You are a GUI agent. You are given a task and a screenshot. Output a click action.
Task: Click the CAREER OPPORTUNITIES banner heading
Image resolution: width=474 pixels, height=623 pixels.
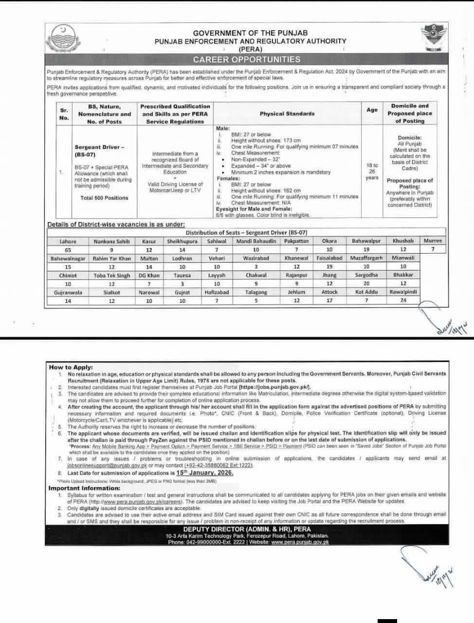247,59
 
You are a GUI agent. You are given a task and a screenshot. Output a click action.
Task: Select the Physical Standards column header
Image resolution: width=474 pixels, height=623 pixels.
287,114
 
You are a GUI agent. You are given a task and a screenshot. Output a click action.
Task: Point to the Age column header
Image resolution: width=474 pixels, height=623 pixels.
372,110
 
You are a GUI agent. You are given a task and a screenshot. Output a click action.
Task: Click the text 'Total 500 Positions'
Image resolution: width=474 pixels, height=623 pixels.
104,198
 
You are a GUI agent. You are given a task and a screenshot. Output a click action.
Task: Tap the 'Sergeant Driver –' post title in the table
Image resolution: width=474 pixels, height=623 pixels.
100,147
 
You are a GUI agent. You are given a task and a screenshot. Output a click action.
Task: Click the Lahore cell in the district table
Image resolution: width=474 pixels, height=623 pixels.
68,241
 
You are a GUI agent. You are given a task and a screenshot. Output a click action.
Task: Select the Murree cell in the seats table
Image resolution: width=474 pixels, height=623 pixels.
433,241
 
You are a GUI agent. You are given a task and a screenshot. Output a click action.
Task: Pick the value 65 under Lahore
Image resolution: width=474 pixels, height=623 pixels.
68,249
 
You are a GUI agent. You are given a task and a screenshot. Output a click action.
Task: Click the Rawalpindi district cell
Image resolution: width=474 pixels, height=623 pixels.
403,292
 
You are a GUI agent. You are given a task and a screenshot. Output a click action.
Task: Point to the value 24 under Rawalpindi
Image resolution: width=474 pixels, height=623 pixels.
403,301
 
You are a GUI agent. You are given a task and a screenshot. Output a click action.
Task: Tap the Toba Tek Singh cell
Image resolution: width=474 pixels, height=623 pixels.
112,275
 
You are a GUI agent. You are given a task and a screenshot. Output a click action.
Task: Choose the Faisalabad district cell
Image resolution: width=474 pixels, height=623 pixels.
329,258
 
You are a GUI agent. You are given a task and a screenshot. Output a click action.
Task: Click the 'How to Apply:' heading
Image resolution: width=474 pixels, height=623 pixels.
71,367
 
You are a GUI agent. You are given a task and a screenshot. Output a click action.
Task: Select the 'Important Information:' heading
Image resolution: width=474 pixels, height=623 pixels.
84,488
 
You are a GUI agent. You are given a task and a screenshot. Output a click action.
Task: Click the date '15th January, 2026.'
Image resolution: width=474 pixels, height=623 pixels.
205,473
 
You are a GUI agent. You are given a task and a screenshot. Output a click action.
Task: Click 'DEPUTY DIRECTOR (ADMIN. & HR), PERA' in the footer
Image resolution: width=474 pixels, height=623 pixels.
247,529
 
